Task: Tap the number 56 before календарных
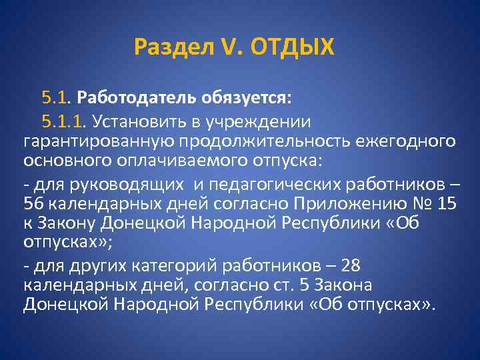[33, 204]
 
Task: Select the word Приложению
[322, 204]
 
